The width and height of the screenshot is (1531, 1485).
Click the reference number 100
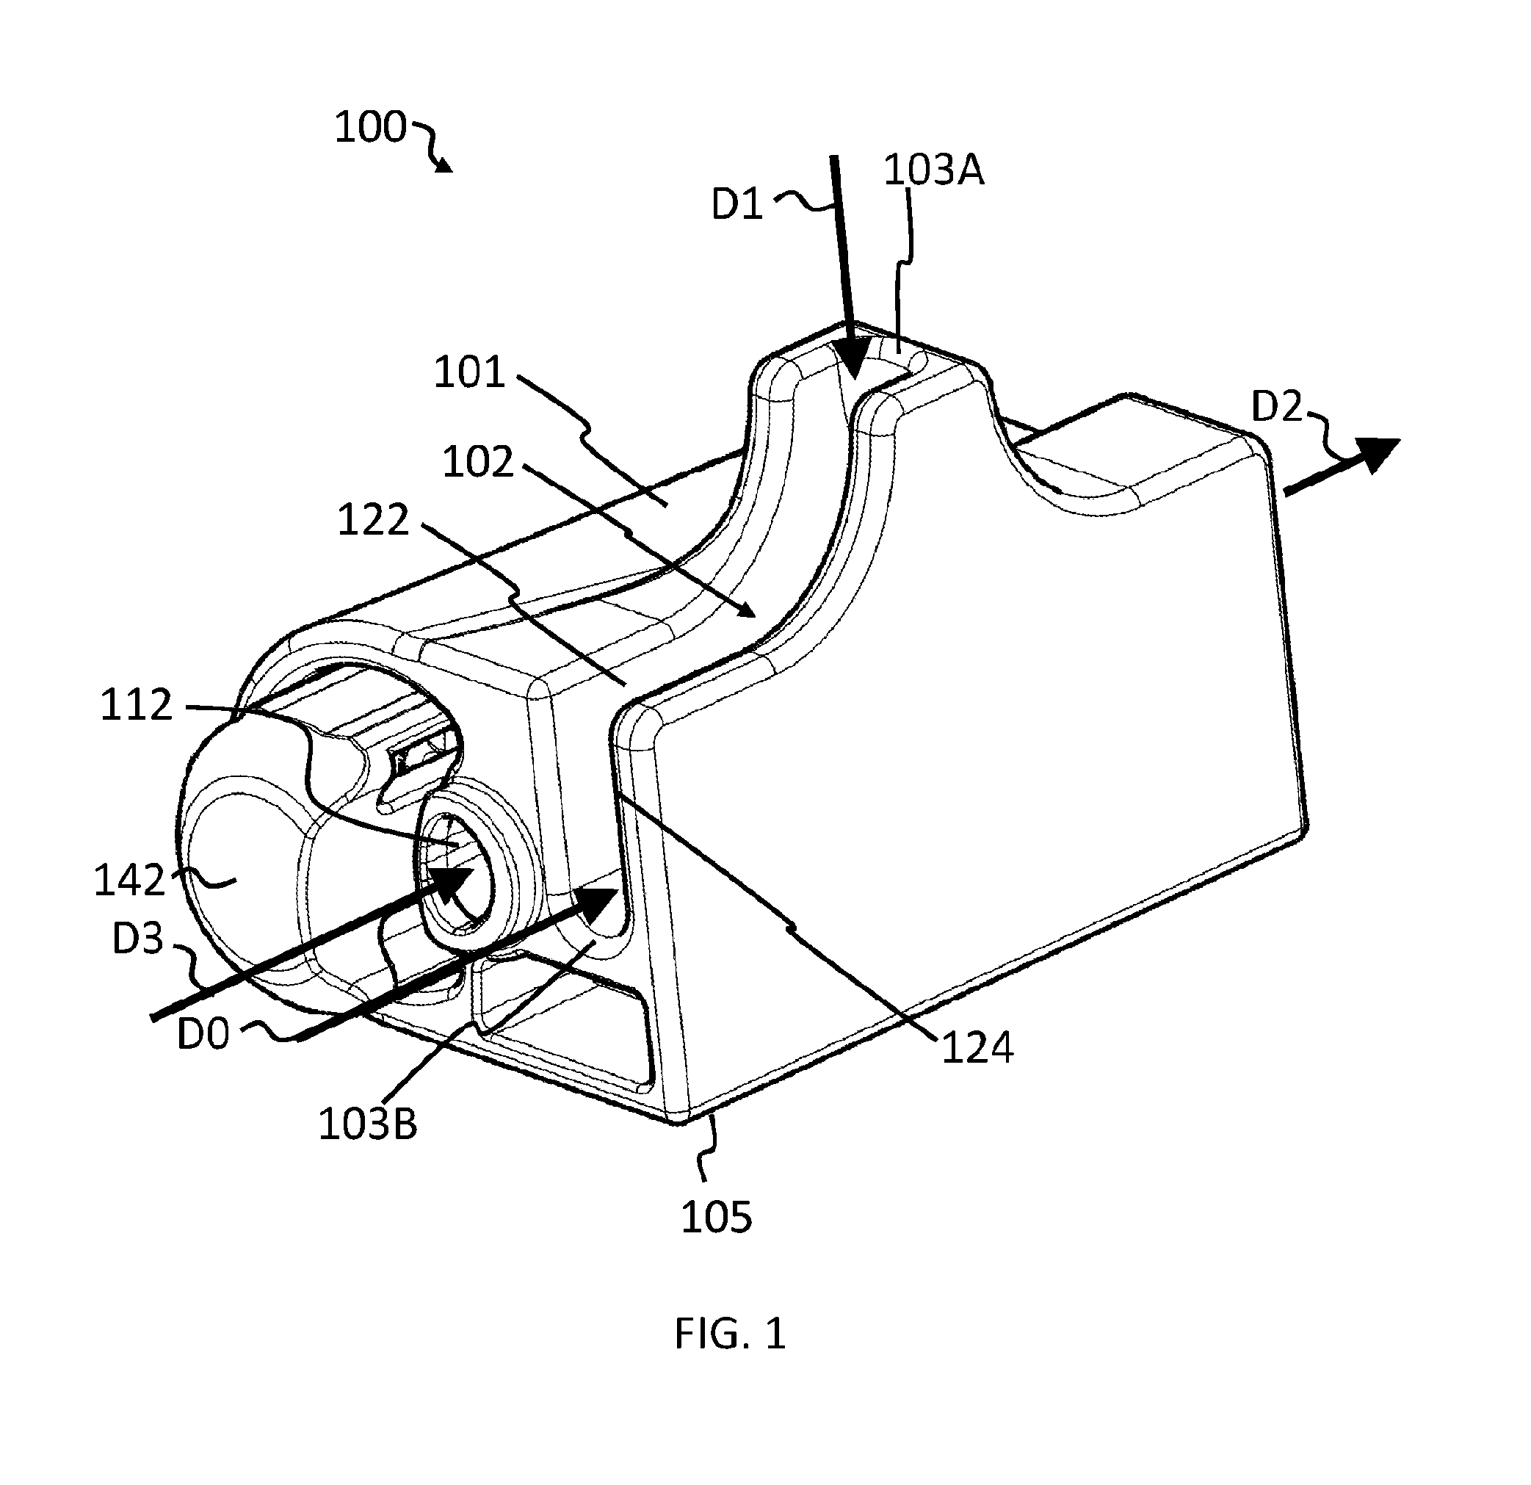pyautogui.click(x=370, y=127)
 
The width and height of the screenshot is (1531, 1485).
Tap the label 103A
pyautogui.click(x=933, y=170)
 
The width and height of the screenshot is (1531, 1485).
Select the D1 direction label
pyautogui.click(x=737, y=205)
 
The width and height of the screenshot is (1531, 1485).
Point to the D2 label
pyautogui.click(x=1277, y=407)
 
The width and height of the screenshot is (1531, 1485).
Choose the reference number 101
pyautogui.click(x=469, y=372)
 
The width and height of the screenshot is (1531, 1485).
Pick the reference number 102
pyautogui.click(x=478, y=462)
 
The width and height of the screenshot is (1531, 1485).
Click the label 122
pyautogui.click(x=373, y=520)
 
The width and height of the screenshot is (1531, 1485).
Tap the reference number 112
pyautogui.click(x=136, y=705)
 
